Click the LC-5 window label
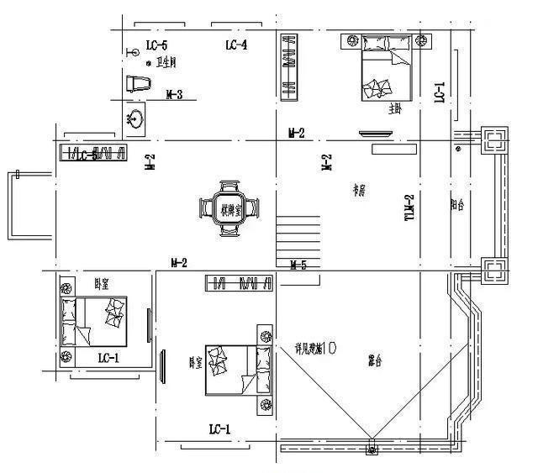click(x=156, y=45)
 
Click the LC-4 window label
click(x=235, y=45)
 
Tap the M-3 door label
click(x=175, y=94)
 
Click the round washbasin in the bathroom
click(x=135, y=118)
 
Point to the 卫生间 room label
click(x=161, y=63)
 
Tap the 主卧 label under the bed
click(x=395, y=108)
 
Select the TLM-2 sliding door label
click(x=410, y=207)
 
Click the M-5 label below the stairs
click(x=298, y=265)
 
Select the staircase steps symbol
click(x=298, y=238)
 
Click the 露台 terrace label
click(x=375, y=361)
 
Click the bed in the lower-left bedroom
click(x=92, y=322)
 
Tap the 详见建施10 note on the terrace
click(x=315, y=347)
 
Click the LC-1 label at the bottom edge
click(x=220, y=429)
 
